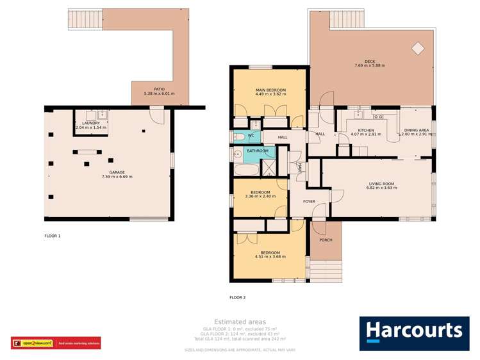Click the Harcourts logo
pyautogui.click(x=413, y=332)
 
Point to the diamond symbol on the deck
pyautogui.click(x=418, y=48)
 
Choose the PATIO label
pyautogui.click(x=160, y=90)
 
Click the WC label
pyautogui.click(x=251, y=136)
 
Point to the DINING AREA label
pyautogui.click(x=416, y=130)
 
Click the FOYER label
pyautogui.click(x=310, y=201)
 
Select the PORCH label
pyautogui.click(x=326, y=241)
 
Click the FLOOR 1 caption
pyautogui.click(x=53, y=236)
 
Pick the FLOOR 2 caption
pyautogui.click(x=237, y=297)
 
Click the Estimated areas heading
pyautogui.click(x=240, y=322)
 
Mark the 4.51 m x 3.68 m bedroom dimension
pyautogui.click(x=270, y=256)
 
